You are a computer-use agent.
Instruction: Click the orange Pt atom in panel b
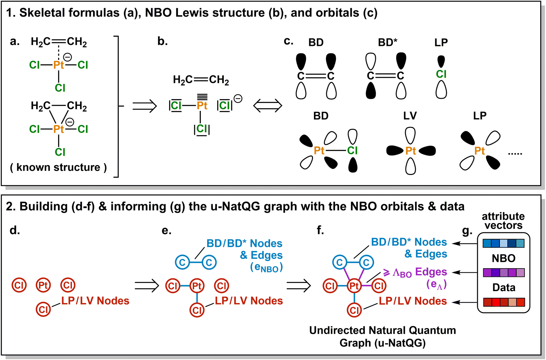coord(202,106)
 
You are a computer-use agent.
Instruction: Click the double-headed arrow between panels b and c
coord(267,106)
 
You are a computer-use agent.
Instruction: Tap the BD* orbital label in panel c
coord(387,42)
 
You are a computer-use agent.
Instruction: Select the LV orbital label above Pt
coord(410,116)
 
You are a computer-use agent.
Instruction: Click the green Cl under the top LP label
coord(441,74)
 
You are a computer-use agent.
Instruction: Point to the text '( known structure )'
coord(58,167)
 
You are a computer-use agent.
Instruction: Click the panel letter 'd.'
coord(15,230)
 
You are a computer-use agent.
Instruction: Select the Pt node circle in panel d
coord(43,285)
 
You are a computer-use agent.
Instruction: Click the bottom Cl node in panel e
coord(197,310)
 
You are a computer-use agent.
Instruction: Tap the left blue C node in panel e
coord(182,263)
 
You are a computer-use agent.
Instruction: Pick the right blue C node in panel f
coord(366,263)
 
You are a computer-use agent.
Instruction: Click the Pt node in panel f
coord(354,286)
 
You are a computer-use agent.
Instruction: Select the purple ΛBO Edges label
coord(415,272)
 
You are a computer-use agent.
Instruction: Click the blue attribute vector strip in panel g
coord(503,243)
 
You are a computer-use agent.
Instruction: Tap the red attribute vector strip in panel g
coord(503,302)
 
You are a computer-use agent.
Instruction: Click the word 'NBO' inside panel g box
coord(503,258)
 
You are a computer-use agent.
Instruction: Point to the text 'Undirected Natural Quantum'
coord(382,330)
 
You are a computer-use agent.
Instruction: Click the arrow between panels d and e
coord(146,285)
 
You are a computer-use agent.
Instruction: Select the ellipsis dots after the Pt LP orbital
coord(515,154)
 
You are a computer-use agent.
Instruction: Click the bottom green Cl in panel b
coord(201,129)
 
